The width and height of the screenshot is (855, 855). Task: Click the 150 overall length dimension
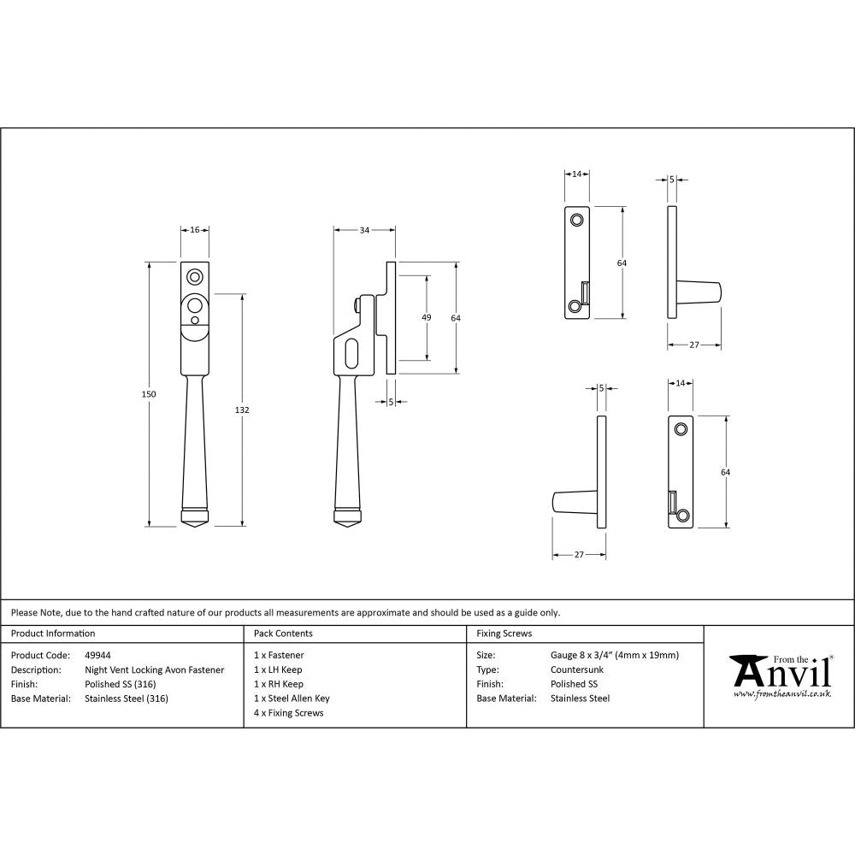click(x=149, y=393)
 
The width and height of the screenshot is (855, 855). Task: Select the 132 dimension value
click(x=242, y=410)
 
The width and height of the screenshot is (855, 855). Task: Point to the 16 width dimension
click(x=195, y=230)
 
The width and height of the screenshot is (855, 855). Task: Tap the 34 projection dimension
click(x=365, y=230)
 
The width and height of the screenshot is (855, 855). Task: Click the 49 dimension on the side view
click(x=427, y=318)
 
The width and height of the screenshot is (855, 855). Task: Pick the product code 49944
click(x=97, y=656)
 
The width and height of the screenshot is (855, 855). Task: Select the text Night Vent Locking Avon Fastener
click(x=154, y=670)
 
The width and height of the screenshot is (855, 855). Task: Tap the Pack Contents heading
click(x=283, y=634)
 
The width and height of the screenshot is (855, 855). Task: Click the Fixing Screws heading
click(x=504, y=634)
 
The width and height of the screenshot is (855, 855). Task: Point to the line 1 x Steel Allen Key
click(x=292, y=699)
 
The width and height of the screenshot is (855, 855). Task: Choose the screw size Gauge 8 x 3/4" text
click(x=615, y=656)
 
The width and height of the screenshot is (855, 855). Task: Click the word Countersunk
click(x=576, y=670)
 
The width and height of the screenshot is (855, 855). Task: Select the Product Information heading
click(x=53, y=634)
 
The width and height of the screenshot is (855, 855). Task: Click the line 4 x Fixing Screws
click(x=289, y=713)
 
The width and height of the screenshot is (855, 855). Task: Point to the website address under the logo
click(x=781, y=694)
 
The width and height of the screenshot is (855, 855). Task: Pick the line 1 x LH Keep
click(x=278, y=670)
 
